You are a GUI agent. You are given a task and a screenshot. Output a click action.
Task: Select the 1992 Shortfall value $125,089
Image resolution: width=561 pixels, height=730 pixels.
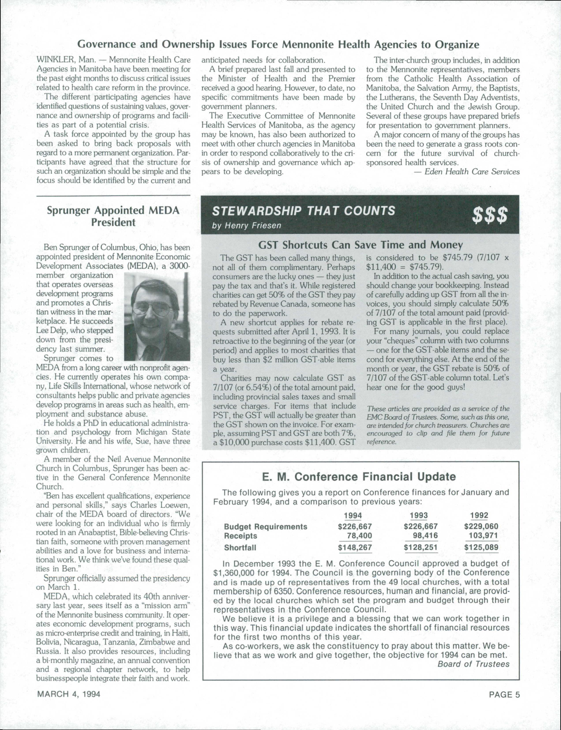click(x=481, y=547)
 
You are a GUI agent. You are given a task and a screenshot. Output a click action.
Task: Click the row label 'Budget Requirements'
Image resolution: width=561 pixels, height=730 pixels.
click(x=265, y=527)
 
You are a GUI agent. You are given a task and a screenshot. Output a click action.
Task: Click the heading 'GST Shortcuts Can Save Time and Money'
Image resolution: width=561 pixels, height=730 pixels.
click(x=361, y=245)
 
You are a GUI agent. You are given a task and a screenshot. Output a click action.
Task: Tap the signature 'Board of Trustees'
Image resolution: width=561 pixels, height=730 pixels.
click(x=473, y=664)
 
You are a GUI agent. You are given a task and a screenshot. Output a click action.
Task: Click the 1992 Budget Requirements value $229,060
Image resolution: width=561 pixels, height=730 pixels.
click(x=481, y=527)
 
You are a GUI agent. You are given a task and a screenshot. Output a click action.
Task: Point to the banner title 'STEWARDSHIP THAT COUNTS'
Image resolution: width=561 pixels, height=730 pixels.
click(x=304, y=211)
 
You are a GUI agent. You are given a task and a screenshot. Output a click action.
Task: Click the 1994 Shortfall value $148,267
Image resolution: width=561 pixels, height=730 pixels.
click(x=355, y=547)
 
